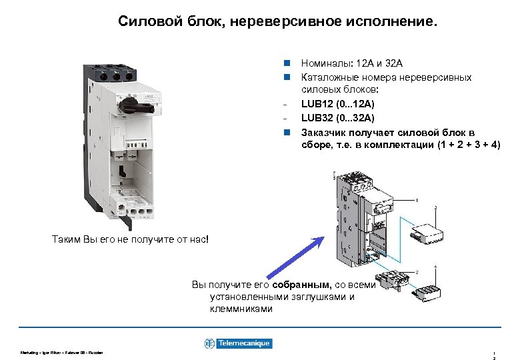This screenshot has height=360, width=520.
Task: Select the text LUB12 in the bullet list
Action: (316, 104)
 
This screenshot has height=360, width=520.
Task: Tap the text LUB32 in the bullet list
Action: (316, 118)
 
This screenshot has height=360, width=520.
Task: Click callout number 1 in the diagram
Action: (417, 199)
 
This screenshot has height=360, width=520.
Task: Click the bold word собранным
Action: (297, 285)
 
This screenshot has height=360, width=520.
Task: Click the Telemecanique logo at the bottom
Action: (238, 343)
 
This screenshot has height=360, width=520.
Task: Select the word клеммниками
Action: (241, 309)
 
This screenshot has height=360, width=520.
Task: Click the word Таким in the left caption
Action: (65, 238)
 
